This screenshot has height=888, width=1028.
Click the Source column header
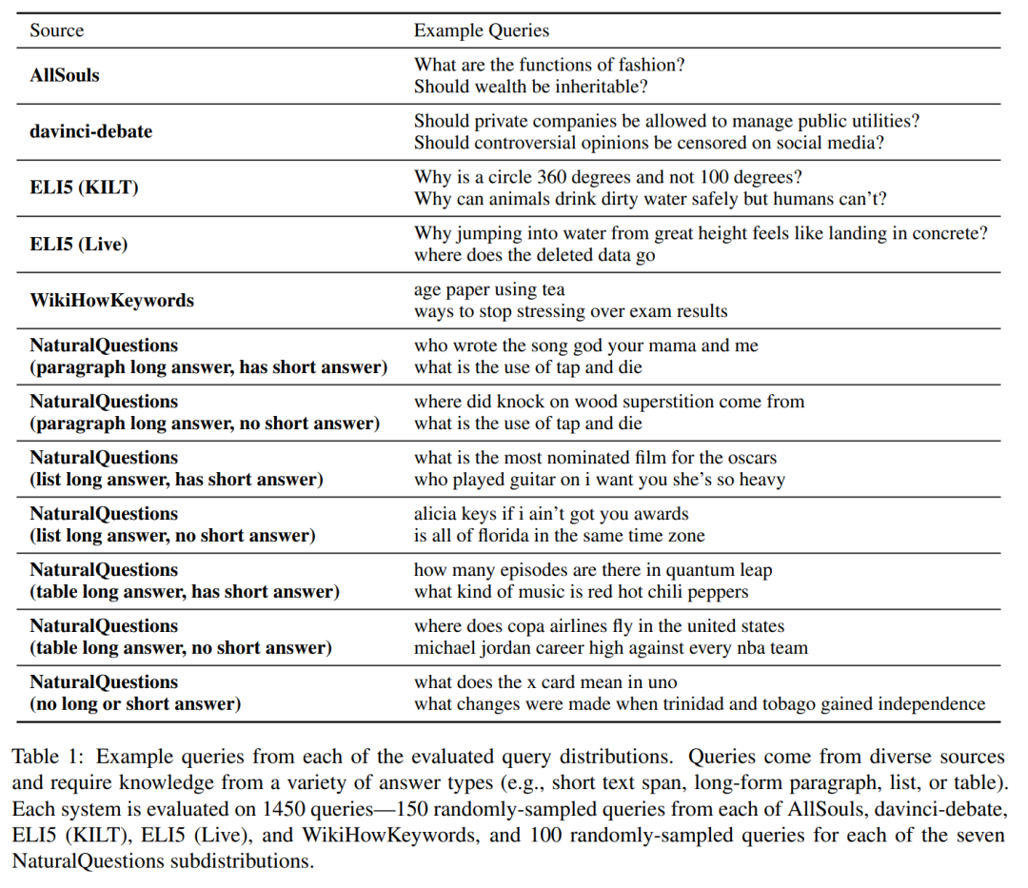[x=56, y=30]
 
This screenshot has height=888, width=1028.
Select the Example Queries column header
[x=481, y=30]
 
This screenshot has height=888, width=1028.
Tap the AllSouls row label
[x=65, y=75]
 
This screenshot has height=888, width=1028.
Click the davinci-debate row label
[x=90, y=131]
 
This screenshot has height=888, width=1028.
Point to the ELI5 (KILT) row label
[x=84, y=187]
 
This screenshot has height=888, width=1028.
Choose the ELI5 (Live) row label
[x=78, y=244]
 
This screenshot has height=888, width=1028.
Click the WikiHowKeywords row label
[x=111, y=300]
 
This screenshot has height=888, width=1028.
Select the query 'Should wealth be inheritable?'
[x=530, y=87]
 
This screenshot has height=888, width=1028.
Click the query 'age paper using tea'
[x=489, y=289]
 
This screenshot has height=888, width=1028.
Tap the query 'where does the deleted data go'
[x=534, y=255]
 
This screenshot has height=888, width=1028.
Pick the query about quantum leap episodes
[x=592, y=570]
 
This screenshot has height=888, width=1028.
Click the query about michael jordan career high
[x=610, y=648]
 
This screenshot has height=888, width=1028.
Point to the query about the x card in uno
[x=545, y=682]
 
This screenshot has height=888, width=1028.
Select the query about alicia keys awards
[x=551, y=514]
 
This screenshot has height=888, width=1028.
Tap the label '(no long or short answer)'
[x=135, y=704]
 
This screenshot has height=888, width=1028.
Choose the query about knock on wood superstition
[x=609, y=402]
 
